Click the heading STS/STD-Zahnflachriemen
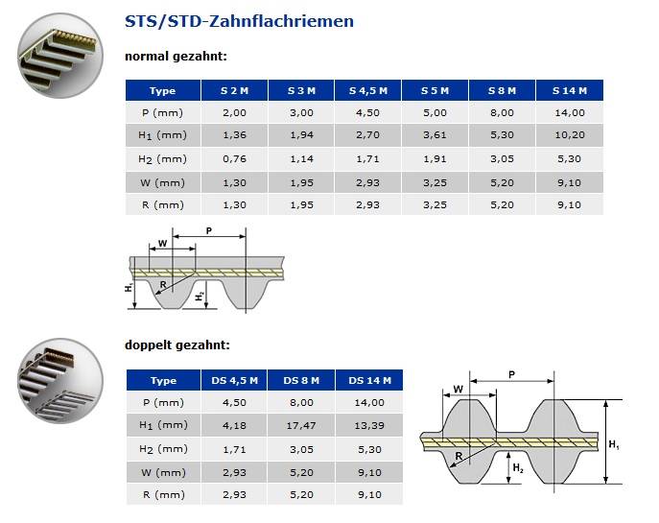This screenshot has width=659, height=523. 239,21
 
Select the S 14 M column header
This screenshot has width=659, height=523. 570,90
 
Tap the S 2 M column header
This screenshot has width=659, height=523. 234,90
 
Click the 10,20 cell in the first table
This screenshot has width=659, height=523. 570,135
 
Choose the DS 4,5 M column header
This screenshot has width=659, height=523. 234,381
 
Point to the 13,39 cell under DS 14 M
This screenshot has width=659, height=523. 369,425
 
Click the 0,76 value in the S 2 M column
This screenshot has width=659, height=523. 234,158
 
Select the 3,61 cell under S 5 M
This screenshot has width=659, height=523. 435,135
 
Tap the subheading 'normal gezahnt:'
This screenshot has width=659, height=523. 176,57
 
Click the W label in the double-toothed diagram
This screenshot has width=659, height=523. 458,389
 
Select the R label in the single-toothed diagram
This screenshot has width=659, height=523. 163,284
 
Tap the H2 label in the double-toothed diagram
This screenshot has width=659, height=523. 517,467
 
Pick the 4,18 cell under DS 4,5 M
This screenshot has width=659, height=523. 234,425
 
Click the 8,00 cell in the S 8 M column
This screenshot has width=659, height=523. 503,112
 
